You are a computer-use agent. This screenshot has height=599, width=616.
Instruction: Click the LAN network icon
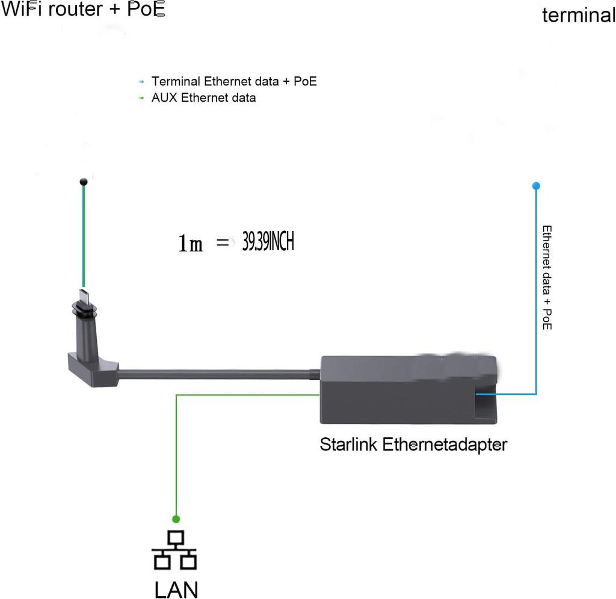pyautogui.click(x=176, y=550)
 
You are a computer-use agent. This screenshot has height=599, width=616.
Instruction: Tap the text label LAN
pyautogui.click(x=176, y=589)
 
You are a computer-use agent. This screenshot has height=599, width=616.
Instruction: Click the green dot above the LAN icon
pyautogui.click(x=176, y=518)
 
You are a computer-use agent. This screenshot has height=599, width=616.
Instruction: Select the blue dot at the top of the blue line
pyautogui.click(x=536, y=186)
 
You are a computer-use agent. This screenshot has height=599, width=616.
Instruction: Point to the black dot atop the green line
pyautogui.click(x=84, y=181)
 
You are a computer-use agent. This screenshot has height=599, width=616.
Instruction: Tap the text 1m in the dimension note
pyautogui.click(x=191, y=244)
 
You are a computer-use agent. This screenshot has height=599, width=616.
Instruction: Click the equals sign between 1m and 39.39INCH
pyautogui.click(x=223, y=243)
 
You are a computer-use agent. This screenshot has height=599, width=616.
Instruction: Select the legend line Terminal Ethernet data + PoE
pyautogui.click(x=233, y=81)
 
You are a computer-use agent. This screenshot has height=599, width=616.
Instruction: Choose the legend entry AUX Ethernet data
pyautogui.click(x=203, y=97)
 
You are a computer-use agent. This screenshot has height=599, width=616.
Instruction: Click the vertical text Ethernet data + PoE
pyautogui.click(x=547, y=277)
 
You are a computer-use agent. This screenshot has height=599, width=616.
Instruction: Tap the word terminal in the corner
pyautogui.click(x=579, y=15)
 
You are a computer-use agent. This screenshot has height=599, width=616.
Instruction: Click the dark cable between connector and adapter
pyautogui.click(x=217, y=374)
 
